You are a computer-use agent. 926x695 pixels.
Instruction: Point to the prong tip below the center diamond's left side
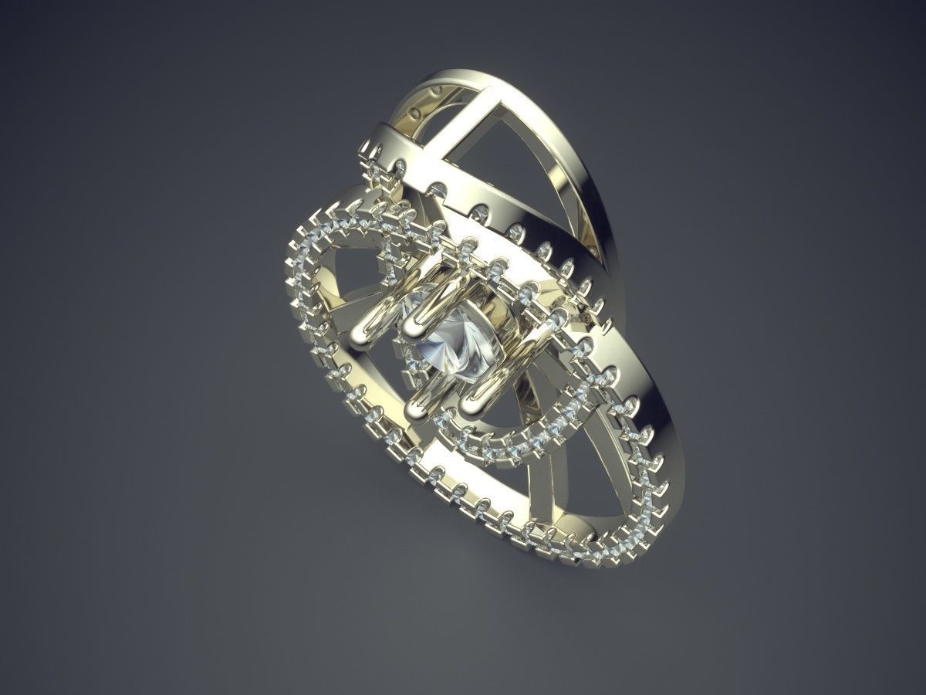click(x=417, y=402)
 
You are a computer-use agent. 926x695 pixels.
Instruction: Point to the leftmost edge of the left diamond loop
click(x=292, y=247)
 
